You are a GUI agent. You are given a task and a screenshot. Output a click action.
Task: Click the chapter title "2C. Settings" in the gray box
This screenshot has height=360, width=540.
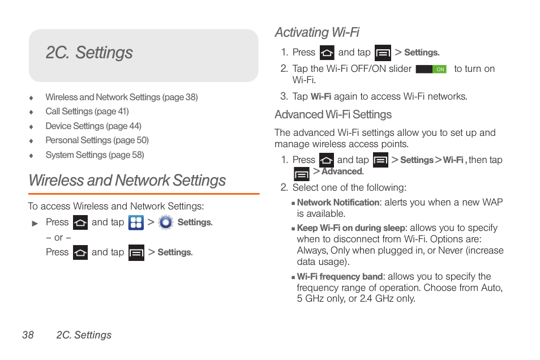89,53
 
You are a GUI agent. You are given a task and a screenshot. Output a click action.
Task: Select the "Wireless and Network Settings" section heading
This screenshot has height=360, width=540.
127,181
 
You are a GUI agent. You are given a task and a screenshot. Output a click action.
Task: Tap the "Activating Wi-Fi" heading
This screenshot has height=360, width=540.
317,32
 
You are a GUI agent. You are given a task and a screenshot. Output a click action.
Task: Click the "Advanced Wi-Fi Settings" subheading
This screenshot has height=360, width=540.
333,115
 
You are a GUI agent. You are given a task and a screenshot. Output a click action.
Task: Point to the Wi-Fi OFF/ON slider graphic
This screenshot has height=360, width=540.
431,69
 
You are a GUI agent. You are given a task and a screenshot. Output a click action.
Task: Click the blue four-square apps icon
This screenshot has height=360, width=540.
136,222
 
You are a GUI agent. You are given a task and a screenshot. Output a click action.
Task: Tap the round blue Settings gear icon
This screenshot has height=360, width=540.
165,222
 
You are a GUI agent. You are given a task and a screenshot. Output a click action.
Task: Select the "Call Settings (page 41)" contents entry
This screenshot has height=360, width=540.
87,112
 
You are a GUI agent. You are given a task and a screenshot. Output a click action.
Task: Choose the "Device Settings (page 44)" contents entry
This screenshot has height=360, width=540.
93,126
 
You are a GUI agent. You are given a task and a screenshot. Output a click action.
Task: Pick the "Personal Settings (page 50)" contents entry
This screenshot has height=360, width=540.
97,140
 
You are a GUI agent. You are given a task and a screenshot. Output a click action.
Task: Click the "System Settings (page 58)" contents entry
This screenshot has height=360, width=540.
95,155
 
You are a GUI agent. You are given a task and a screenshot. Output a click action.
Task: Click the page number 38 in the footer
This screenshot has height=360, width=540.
28,335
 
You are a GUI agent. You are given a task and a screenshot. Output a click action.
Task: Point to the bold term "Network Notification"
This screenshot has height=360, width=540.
338,203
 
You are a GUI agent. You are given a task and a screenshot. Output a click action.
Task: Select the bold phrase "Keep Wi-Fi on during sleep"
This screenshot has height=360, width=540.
351,228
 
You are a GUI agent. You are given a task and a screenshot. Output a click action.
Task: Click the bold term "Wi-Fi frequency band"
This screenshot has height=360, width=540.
340,277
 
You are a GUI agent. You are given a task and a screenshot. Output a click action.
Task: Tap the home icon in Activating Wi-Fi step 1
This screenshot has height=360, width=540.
327,53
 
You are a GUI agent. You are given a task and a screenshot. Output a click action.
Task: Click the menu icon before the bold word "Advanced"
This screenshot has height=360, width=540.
302,173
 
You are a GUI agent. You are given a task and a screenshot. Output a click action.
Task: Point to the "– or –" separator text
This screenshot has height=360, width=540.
58,238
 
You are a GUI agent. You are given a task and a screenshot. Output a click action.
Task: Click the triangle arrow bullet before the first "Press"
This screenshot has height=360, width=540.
35,224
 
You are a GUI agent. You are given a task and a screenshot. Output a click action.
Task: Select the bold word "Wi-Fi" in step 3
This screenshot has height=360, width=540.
321,97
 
